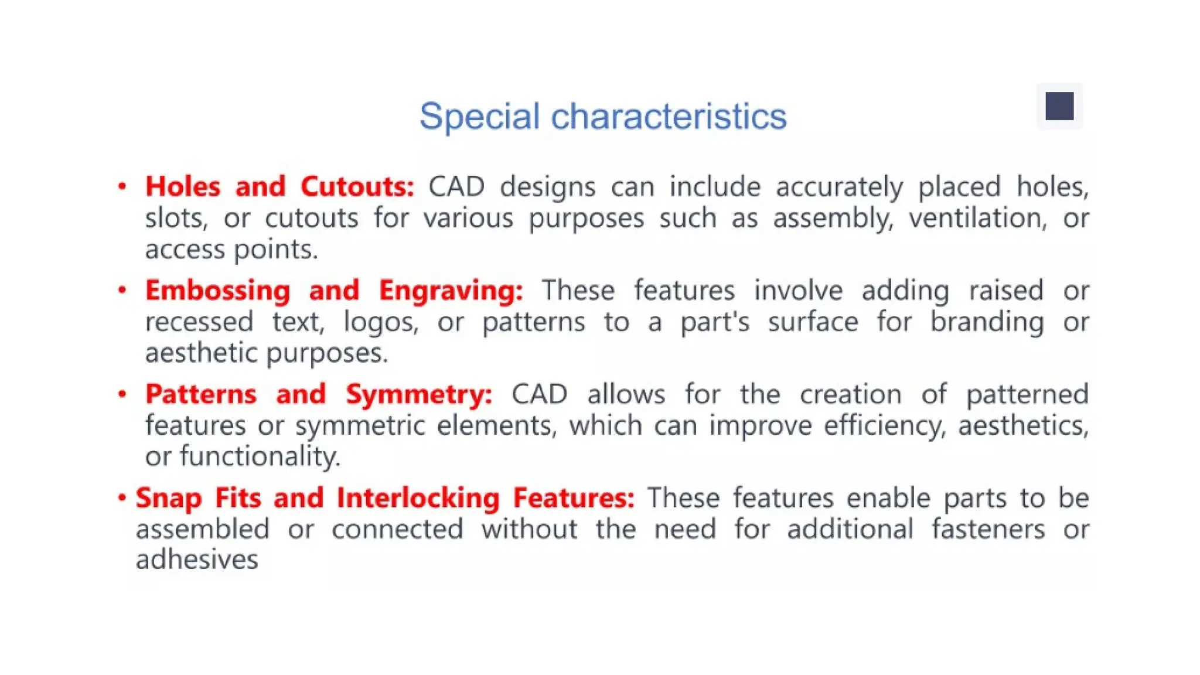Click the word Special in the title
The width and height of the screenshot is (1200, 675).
tap(479, 117)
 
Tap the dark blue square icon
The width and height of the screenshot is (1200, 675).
tap(1059, 106)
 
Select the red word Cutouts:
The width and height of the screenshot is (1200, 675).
tap(357, 187)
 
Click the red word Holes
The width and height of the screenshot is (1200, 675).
tap(183, 187)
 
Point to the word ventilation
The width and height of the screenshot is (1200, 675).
tap(977, 219)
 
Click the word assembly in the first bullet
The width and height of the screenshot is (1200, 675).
tap(833, 219)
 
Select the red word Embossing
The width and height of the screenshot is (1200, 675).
tap(217, 291)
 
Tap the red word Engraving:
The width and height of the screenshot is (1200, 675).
tap(451, 291)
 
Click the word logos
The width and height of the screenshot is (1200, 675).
tap(380, 322)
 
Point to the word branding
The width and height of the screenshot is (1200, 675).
tap(987, 322)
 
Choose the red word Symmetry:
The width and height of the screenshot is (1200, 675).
tap(418, 394)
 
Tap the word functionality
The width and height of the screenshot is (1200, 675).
tap(260, 456)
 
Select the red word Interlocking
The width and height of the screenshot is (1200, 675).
tap(418, 498)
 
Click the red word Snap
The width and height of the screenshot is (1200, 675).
tap(169, 499)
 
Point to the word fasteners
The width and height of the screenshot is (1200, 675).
tap(988, 529)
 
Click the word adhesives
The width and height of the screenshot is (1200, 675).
tap(197, 560)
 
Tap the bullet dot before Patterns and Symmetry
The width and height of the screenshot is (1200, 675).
tap(122, 394)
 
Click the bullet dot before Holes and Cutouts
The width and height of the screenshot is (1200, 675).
tap(122, 187)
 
